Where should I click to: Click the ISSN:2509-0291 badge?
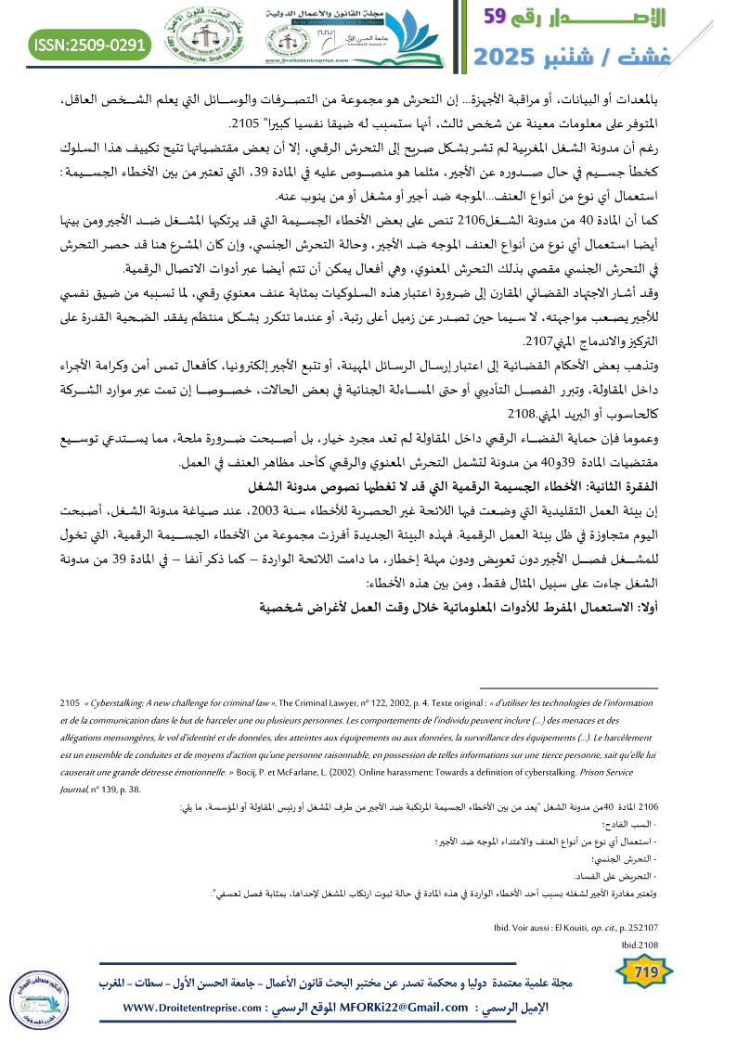click(91, 44)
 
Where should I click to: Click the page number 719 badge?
click(644, 971)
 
